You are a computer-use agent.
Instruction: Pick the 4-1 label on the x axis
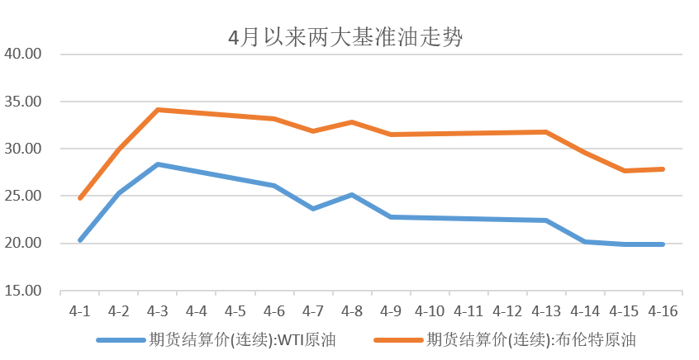coord(80,311)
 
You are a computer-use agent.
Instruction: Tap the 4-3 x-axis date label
coord(158,311)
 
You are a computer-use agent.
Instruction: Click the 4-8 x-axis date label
coord(352,311)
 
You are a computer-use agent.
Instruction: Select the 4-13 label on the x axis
coord(546,311)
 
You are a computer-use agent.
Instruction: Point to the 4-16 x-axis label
coord(663,311)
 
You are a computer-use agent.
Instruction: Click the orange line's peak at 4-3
coord(158,110)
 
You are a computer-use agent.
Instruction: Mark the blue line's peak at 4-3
coord(158,164)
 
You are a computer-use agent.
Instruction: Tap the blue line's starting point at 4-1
coord(80,240)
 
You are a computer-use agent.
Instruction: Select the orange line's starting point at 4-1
coord(80,198)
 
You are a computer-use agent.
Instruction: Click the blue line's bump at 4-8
coord(352,195)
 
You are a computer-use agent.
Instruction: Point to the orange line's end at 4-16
coord(663,169)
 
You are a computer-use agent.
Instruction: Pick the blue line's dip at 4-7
coord(313,208)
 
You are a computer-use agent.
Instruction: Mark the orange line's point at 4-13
coord(546,132)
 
